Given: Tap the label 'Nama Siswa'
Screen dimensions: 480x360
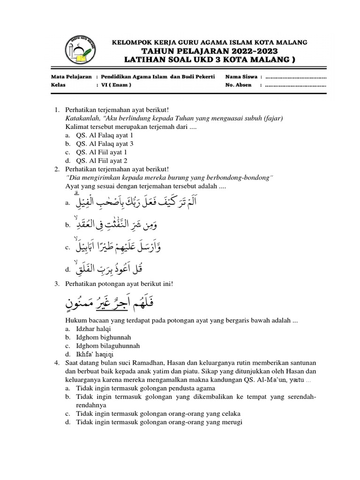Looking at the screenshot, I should click(241, 76).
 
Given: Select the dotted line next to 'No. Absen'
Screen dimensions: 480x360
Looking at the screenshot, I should click(295, 85).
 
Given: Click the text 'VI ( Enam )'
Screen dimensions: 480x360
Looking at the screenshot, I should click(115, 85).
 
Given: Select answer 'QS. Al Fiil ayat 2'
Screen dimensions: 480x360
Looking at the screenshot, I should click(98, 160).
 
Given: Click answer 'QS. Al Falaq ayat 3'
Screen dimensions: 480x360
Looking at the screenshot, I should click(101, 143).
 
